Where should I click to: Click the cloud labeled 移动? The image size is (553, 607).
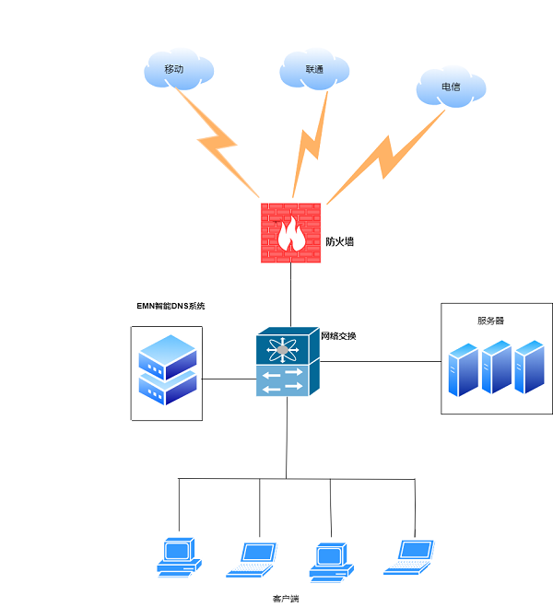[178, 69]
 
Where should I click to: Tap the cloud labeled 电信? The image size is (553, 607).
[450, 87]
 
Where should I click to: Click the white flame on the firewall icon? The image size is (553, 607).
[291, 235]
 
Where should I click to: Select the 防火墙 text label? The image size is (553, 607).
[339, 242]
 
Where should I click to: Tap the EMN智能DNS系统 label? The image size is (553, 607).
[171, 306]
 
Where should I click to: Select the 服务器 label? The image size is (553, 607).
[490, 321]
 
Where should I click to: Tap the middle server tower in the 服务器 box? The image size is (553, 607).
[496, 368]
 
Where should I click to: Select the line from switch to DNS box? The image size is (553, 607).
[229, 379]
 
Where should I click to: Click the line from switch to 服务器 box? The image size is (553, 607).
[380, 362]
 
